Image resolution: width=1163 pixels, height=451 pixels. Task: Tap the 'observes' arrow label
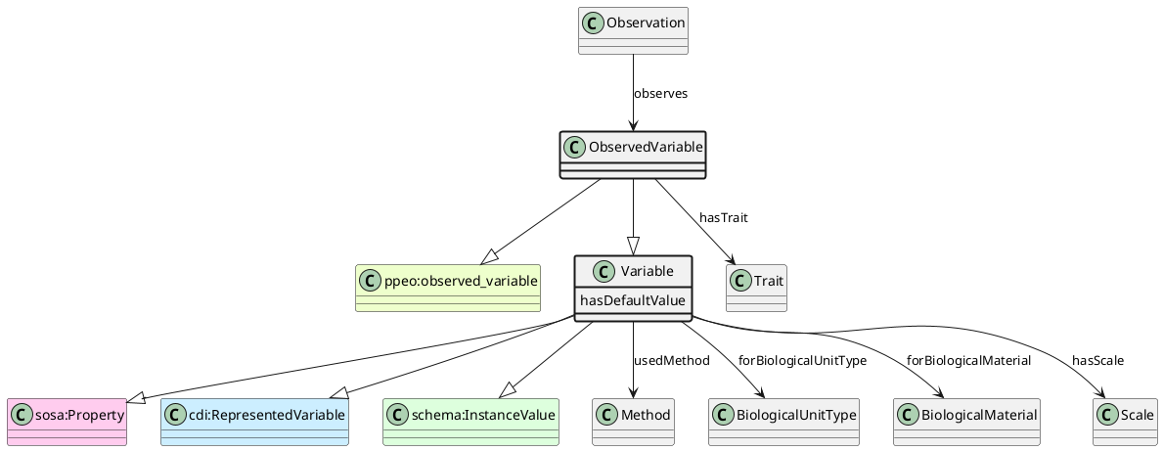[x=660, y=94]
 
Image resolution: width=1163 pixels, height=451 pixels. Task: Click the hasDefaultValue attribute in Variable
[x=633, y=299]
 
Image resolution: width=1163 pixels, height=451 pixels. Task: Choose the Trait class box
[x=756, y=288]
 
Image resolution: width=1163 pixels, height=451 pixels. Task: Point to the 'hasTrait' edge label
[x=724, y=217]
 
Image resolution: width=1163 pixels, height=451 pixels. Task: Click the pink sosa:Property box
[x=67, y=422]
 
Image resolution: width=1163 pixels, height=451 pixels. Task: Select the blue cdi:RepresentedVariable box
[x=254, y=422]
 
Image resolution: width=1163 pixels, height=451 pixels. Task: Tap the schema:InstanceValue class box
[x=470, y=422]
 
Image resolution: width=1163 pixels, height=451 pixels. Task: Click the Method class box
[x=633, y=422]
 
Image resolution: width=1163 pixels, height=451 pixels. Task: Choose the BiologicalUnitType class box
[x=783, y=422]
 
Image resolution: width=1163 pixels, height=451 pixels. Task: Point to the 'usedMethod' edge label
[x=671, y=361]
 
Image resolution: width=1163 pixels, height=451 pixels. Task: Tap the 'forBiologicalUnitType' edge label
[x=802, y=361]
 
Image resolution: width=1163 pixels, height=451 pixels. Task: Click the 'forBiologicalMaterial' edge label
[x=968, y=361]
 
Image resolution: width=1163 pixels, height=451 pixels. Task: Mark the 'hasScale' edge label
[x=1097, y=361]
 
